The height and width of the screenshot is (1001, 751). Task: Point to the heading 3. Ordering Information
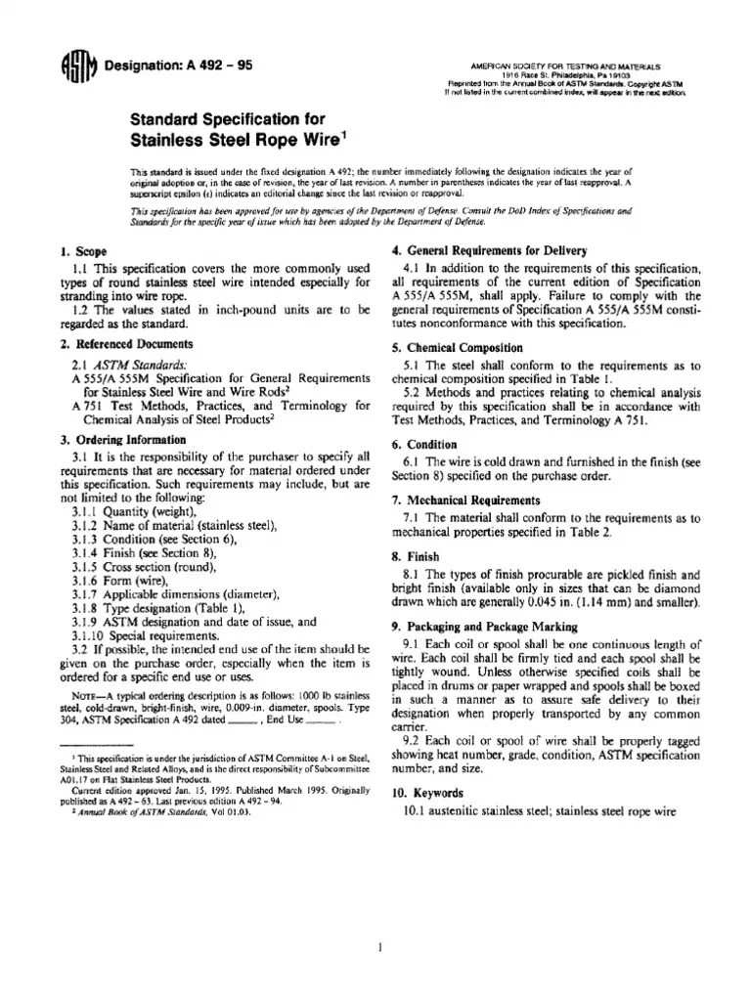click(x=123, y=439)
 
